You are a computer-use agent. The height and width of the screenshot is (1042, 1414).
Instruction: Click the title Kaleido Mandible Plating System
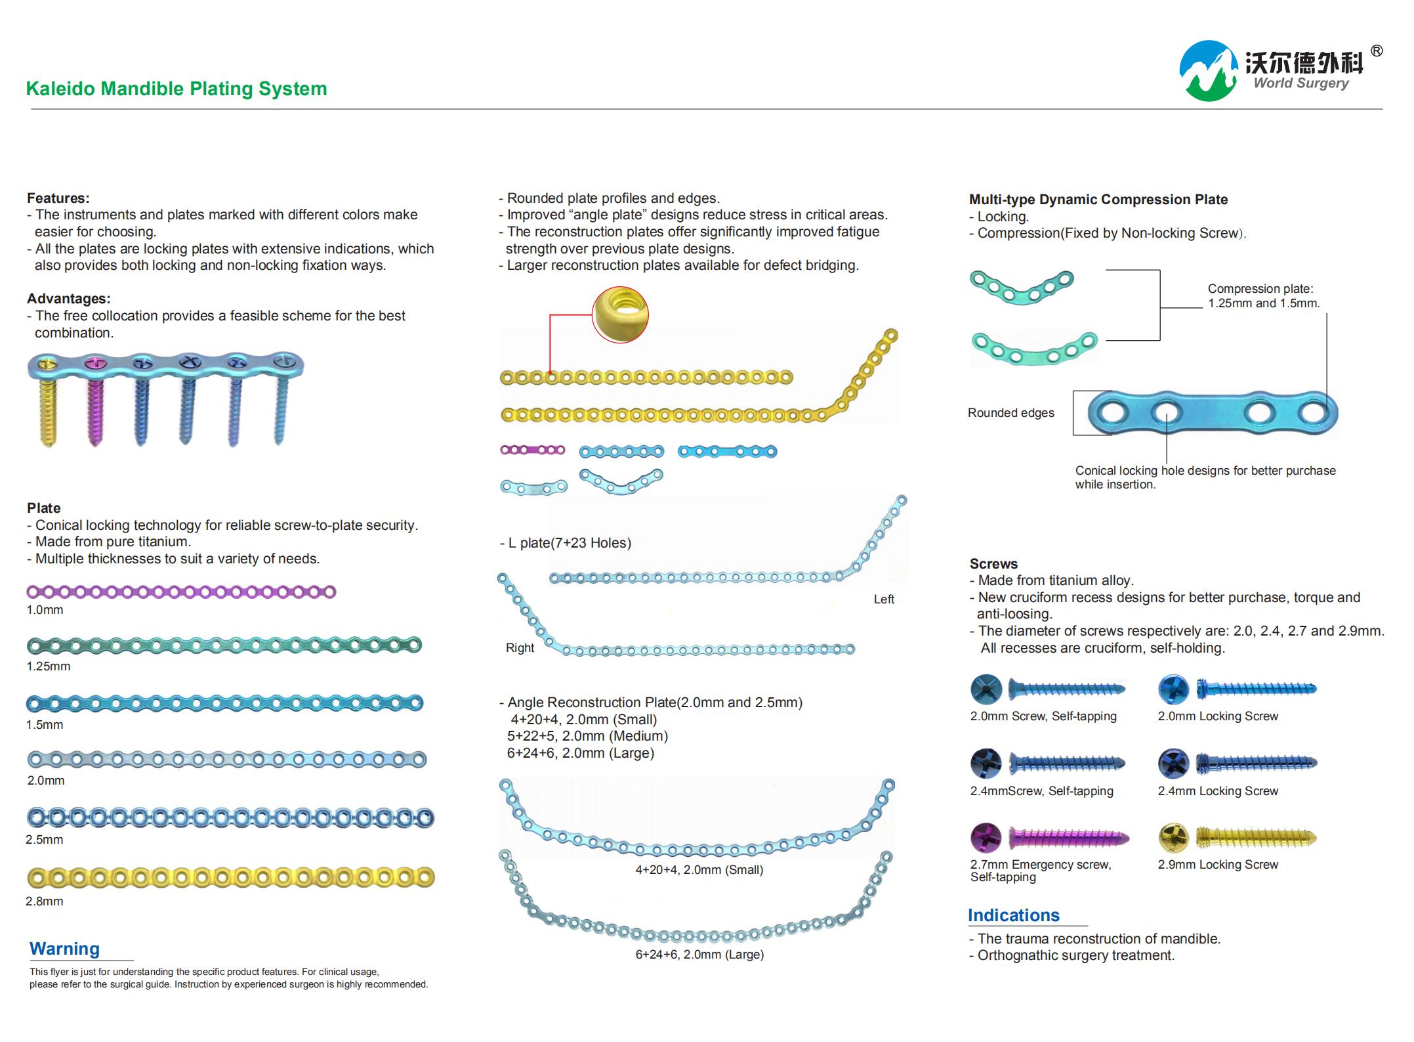pos(177,89)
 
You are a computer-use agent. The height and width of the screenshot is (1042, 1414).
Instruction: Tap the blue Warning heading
pos(64,949)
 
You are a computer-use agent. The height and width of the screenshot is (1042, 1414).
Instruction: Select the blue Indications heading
pos(1014,915)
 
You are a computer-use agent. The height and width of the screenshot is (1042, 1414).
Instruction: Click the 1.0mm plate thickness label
pos(45,610)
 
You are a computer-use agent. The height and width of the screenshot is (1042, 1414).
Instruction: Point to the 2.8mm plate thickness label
pos(45,901)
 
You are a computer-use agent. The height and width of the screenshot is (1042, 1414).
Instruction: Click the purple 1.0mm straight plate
pos(181,592)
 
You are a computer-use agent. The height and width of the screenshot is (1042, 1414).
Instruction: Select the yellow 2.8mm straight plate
pos(230,877)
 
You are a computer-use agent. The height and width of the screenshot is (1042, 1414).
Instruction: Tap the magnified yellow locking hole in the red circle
pos(620,314)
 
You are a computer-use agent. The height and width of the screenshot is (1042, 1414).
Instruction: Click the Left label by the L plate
pos(884,599)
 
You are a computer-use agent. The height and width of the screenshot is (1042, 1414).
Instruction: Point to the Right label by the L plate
pos(520,648)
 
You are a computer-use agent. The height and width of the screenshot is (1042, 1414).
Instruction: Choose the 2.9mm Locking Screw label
pos(1218,865)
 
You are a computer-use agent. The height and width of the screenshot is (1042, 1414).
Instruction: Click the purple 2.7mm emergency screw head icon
pos(986,837)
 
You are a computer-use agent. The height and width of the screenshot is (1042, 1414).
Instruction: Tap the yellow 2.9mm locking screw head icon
pos(1174,837)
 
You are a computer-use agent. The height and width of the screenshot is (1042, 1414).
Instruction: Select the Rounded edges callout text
pos(1011,413)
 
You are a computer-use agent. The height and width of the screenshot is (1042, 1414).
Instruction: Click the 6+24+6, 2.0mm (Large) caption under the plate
pos(699,955)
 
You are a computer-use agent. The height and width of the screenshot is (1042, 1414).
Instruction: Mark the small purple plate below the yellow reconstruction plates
pos(533,450)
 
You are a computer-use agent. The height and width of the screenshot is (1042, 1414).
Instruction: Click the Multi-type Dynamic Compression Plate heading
pos(1098,200)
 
